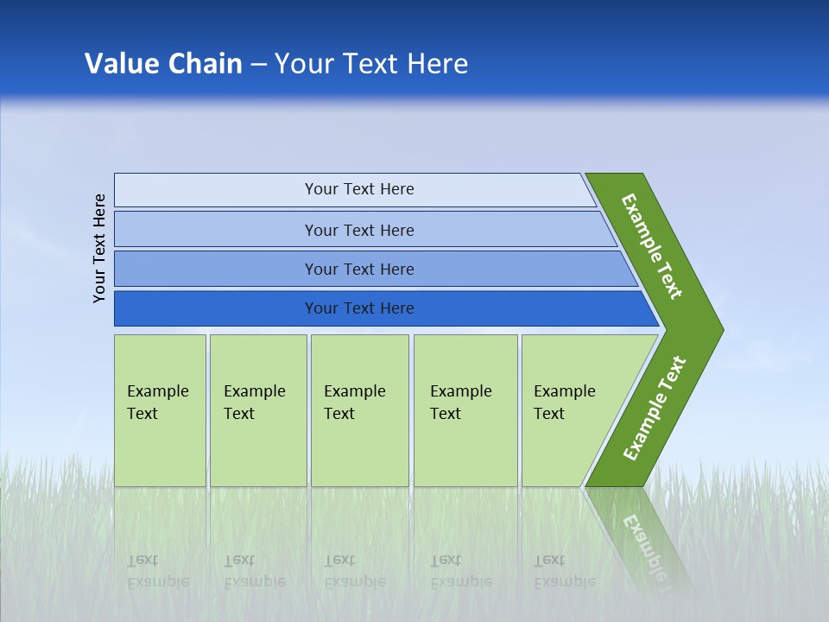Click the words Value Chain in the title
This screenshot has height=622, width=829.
[x=163, y=63]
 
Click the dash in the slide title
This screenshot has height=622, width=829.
[x=258, y=64]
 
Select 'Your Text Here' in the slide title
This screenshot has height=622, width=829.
[x=371, y=63]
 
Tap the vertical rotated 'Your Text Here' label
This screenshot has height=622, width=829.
[x=99, y=248]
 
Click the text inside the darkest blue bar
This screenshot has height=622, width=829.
[x=359, y=308]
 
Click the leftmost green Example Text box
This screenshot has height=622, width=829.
[x=160, y=410]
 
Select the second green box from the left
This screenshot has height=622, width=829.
[x=257, y=410]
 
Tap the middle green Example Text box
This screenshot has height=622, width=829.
[x=359, y=410]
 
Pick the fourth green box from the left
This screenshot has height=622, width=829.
[x=465, y=410]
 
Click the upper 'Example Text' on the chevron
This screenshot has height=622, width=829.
[x=652, y=246]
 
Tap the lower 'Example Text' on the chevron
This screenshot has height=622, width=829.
[x=654, y=408]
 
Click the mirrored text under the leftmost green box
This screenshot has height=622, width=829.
[x=157, y=571]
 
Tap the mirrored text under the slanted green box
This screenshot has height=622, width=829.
[x=564, y=571]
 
